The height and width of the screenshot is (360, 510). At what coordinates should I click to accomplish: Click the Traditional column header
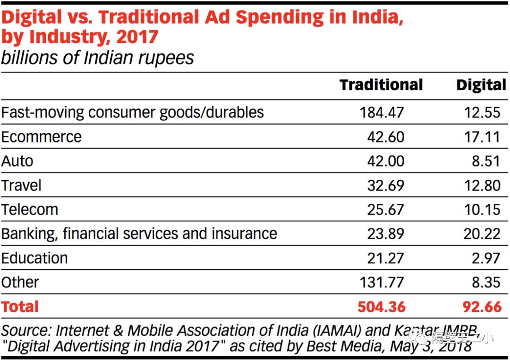click(381, 85)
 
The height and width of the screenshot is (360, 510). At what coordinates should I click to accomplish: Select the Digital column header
click(481, 85)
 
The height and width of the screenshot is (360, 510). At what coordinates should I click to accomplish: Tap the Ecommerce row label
click(42, 137)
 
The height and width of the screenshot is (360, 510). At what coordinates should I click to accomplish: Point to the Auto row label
click(17, 161)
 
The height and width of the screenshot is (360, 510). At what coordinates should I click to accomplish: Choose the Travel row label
click(21, 185)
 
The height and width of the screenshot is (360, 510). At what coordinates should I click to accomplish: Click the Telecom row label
click(30, 209)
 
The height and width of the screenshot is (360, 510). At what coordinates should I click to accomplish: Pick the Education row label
click(34, 258)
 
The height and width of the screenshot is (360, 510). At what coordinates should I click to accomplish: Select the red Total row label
click(20, 307)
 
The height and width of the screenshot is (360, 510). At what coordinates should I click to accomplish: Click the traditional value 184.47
click(382, 112)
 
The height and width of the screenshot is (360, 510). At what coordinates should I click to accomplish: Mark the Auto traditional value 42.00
click(386, 161)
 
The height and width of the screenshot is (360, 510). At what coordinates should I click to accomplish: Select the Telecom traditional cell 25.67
click(386, 209)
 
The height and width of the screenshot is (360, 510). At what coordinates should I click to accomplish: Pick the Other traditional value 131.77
click(382, 282)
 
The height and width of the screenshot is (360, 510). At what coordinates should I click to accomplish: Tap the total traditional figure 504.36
click(382, 307)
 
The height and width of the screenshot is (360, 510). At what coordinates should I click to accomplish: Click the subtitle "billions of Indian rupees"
click(97, 58)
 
